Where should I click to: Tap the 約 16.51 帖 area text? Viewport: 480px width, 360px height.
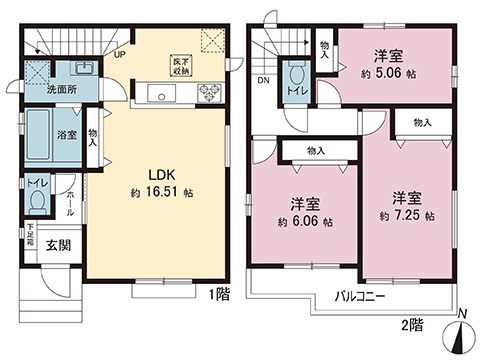click(x=154, y=191)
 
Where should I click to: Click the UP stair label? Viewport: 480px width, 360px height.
click(x=120, y=56)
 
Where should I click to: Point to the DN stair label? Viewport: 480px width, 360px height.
click(x=262, y=81)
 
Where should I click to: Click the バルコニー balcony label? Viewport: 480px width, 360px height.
click(x=354, y=297)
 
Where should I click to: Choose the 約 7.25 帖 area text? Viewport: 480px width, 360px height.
click(x=406, y=215)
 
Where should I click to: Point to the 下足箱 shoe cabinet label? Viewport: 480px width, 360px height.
click(x=31, y=234)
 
